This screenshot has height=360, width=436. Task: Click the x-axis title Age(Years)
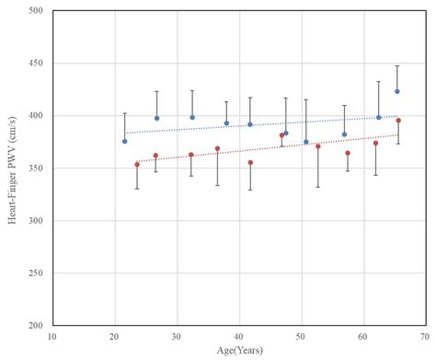(238, 350)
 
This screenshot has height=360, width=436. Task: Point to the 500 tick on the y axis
(35, 11)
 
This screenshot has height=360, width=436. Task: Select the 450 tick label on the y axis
(35, 64)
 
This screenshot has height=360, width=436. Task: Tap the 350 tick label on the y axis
(35, 168)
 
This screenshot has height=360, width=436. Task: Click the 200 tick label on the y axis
(35, 326)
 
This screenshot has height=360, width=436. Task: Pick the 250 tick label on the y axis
(35, 273)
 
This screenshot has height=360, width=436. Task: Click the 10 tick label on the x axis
(52, 337)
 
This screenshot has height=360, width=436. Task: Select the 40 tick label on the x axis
(239, 337)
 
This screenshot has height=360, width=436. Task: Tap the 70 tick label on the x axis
(425, 337)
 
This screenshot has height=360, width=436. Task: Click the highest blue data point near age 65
(397, 91)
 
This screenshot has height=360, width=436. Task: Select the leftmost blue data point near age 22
(125, 141)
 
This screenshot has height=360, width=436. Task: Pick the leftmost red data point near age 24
(137, 165)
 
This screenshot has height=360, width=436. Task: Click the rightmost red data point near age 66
(398, 121)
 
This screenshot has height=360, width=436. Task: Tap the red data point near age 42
(250, 163)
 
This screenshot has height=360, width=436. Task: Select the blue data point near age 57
(345, 134)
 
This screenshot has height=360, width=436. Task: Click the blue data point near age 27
(156, 118)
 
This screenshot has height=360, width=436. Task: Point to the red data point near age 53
(318, 146)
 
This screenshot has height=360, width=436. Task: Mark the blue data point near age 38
(226, 122)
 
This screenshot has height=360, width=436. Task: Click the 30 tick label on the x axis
(177, 337)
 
